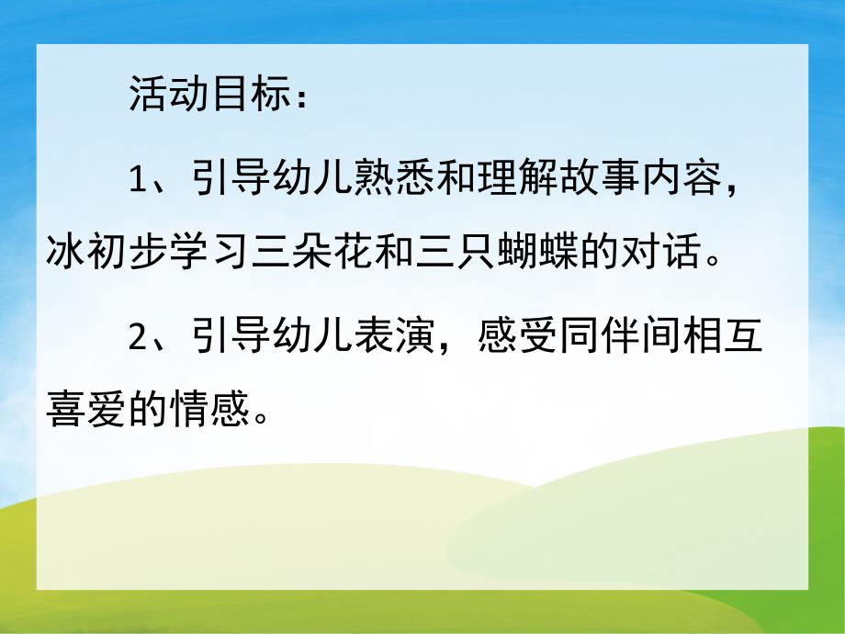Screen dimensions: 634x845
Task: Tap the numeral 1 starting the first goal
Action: point(138,182)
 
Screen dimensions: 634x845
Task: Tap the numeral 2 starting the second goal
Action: point(139,337)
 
